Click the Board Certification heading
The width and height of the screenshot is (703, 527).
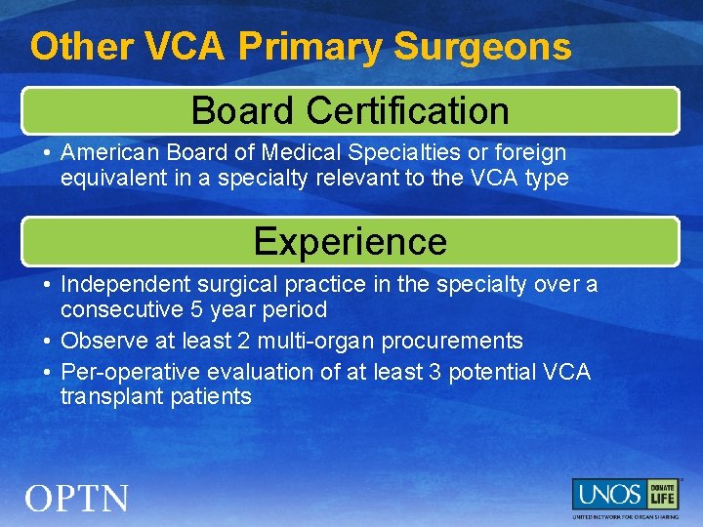tap(350, 111)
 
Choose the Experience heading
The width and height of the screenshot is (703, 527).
tap(350, 241)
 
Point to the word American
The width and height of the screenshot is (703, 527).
tap(106, 153)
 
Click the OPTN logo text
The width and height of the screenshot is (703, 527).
tap(77, 499)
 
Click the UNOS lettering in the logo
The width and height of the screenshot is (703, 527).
tap(606, 493)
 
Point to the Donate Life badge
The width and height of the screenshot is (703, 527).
tap(663, 493)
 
